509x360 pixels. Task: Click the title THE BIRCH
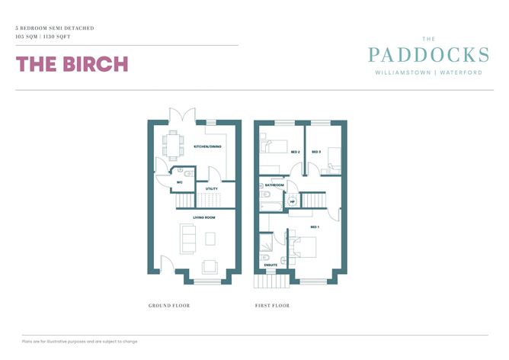tap(72, 64)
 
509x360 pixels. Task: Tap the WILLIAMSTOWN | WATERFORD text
tap(427, 72)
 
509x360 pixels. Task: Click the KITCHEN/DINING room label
tap(207, 146)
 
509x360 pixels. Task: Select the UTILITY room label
tap(213, 188)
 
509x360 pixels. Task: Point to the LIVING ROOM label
tap(203, 217)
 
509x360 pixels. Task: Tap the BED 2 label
tap(294, 152)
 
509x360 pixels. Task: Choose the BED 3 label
tap(315, 152)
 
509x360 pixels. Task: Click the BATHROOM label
tap(274, 185)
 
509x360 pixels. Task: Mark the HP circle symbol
tap(291, 202)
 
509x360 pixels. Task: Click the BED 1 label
tap(315, 227)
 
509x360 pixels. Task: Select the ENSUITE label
tap(270, 265)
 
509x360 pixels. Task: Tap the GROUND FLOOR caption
tap(168, 306)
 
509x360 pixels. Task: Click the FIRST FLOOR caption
tap(272, 306)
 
